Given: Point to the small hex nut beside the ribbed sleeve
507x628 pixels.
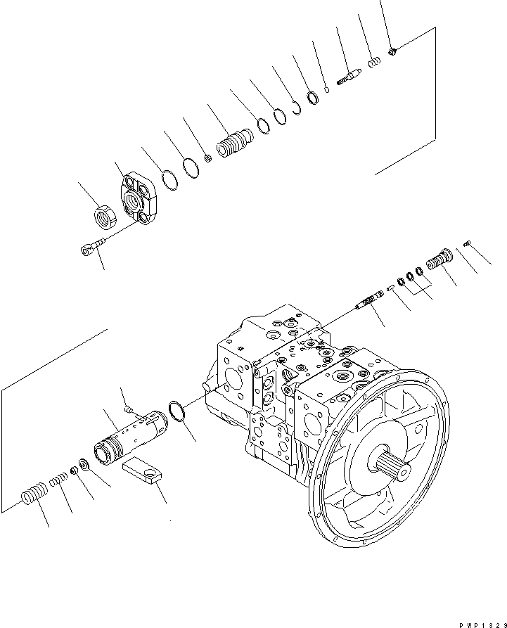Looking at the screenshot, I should click(x=208, y=158).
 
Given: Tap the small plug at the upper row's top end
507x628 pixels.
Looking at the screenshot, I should click(x=393, y=50).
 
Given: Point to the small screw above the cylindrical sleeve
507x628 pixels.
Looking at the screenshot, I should click(x=128, y=409).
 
